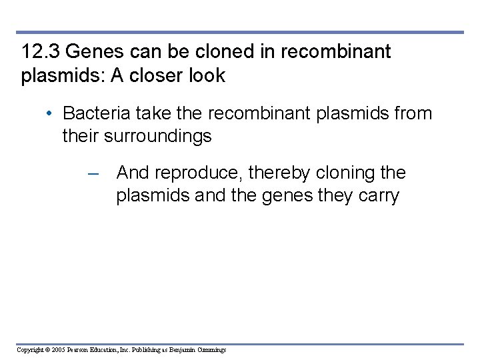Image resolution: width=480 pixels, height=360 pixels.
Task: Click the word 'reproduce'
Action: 200,173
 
